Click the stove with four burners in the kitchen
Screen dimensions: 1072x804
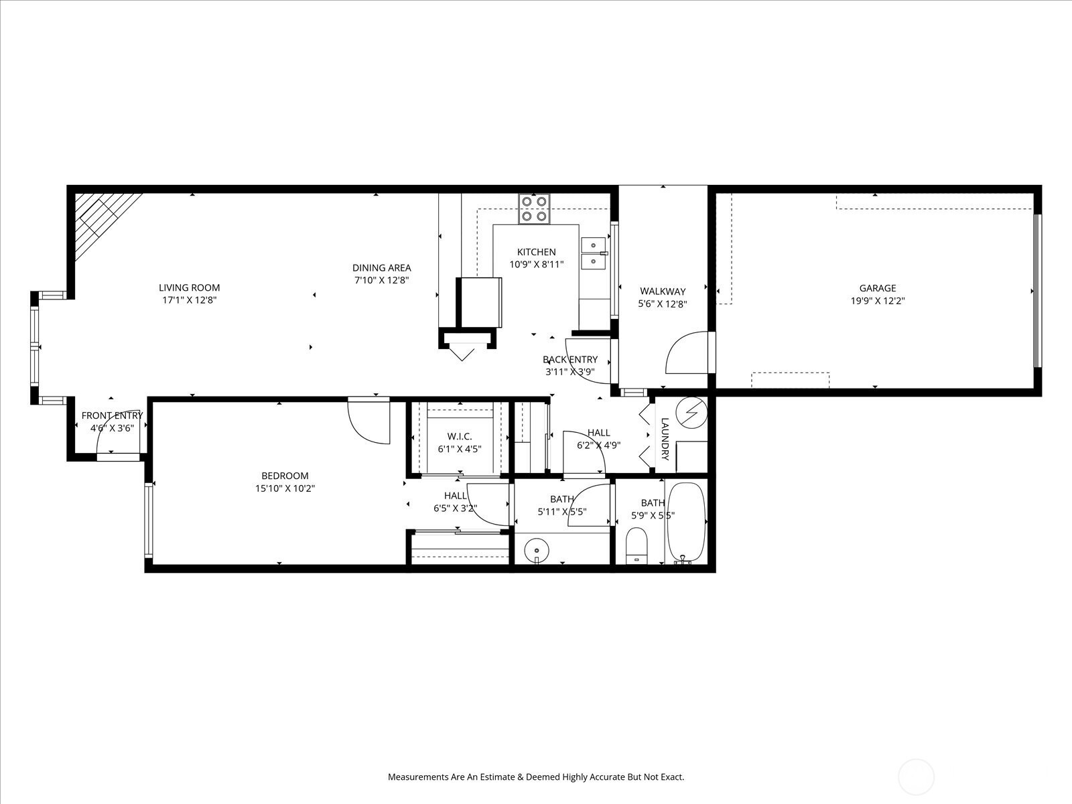(x=534, y=209)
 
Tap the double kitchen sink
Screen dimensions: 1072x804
(x=594, y=253)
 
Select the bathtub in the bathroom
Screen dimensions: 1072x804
(x=686, y=522)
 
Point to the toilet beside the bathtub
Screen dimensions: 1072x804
(x=636, y=545)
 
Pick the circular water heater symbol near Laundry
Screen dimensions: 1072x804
(x=691, y=413)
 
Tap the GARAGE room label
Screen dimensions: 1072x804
(x=878, y=288)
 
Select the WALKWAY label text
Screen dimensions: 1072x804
(x=663, y=291)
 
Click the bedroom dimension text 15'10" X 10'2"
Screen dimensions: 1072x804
(x=285, y=488)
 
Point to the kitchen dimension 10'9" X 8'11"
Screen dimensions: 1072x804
(x=536, y=265)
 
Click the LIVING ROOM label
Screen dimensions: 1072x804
(x=190, y=287)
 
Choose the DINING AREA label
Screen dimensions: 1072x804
(x=382, y=267)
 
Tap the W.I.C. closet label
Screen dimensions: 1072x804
(x=460, y=436)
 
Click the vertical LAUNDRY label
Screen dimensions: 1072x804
(x=665, y=439)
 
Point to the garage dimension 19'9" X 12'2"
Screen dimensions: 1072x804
(x=878, y=301)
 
